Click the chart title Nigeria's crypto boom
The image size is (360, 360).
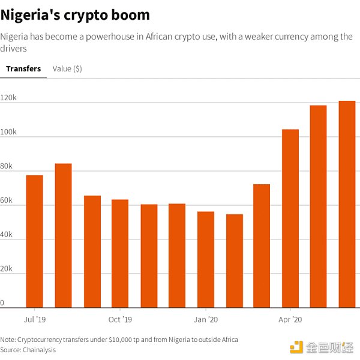pos(75,14)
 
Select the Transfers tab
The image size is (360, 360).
pos(23,68)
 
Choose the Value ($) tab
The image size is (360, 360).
pos(67,68)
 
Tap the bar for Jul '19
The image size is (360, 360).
pos(34,240)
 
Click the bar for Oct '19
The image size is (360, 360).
pos(120,252)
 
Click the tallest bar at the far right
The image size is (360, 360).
pos(347,204)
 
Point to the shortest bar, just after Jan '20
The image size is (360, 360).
pos(235,260)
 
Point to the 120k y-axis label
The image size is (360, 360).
pos(8,98)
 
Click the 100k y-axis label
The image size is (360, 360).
pos(8,132)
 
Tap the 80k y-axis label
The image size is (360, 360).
pos(7,166)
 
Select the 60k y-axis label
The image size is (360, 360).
pos(7,200)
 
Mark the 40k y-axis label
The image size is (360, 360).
pos(7,235)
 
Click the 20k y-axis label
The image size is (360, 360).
pos(7,269)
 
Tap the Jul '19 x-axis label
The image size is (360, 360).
pos(34,319)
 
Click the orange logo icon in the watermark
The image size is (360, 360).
pos(296,346)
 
